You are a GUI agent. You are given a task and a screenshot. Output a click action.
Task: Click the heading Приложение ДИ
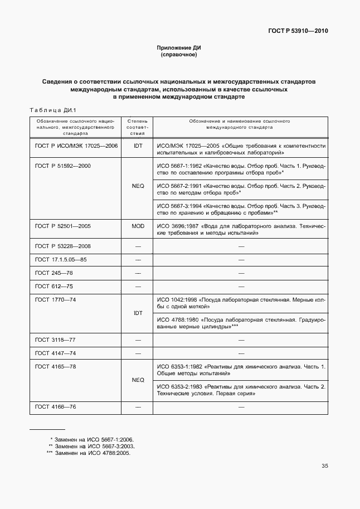179,49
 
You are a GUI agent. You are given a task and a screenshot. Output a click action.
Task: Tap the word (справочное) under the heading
179,55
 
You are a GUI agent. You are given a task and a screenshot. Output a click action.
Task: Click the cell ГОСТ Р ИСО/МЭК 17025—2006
76,146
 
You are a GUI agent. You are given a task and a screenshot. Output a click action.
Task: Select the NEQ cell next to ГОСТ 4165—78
138,380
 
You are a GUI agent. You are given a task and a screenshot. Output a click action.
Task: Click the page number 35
324,466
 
